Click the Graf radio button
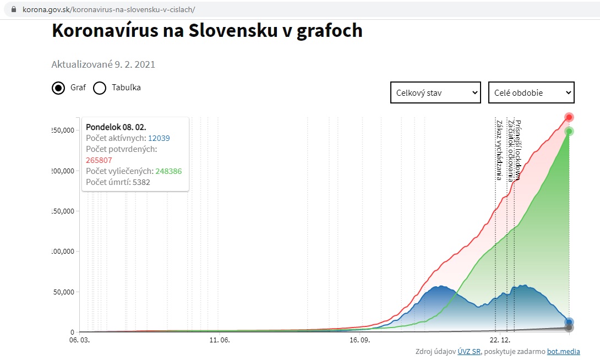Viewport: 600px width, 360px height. [58, 88]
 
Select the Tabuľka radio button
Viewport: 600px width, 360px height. [100, 88]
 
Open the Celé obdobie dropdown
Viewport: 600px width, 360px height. [531, 93]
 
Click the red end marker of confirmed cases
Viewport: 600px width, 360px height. [569, 117]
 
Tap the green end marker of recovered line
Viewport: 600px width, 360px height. [569, 131]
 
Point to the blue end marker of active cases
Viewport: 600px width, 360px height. [569, 323]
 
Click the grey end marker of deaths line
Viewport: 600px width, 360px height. [569, 328]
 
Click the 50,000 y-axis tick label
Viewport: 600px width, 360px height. [62, 292]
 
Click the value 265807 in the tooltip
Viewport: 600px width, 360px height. [99, 160]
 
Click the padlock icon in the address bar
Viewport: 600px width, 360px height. [14, 10]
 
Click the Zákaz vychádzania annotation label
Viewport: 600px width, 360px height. [499, 150]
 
